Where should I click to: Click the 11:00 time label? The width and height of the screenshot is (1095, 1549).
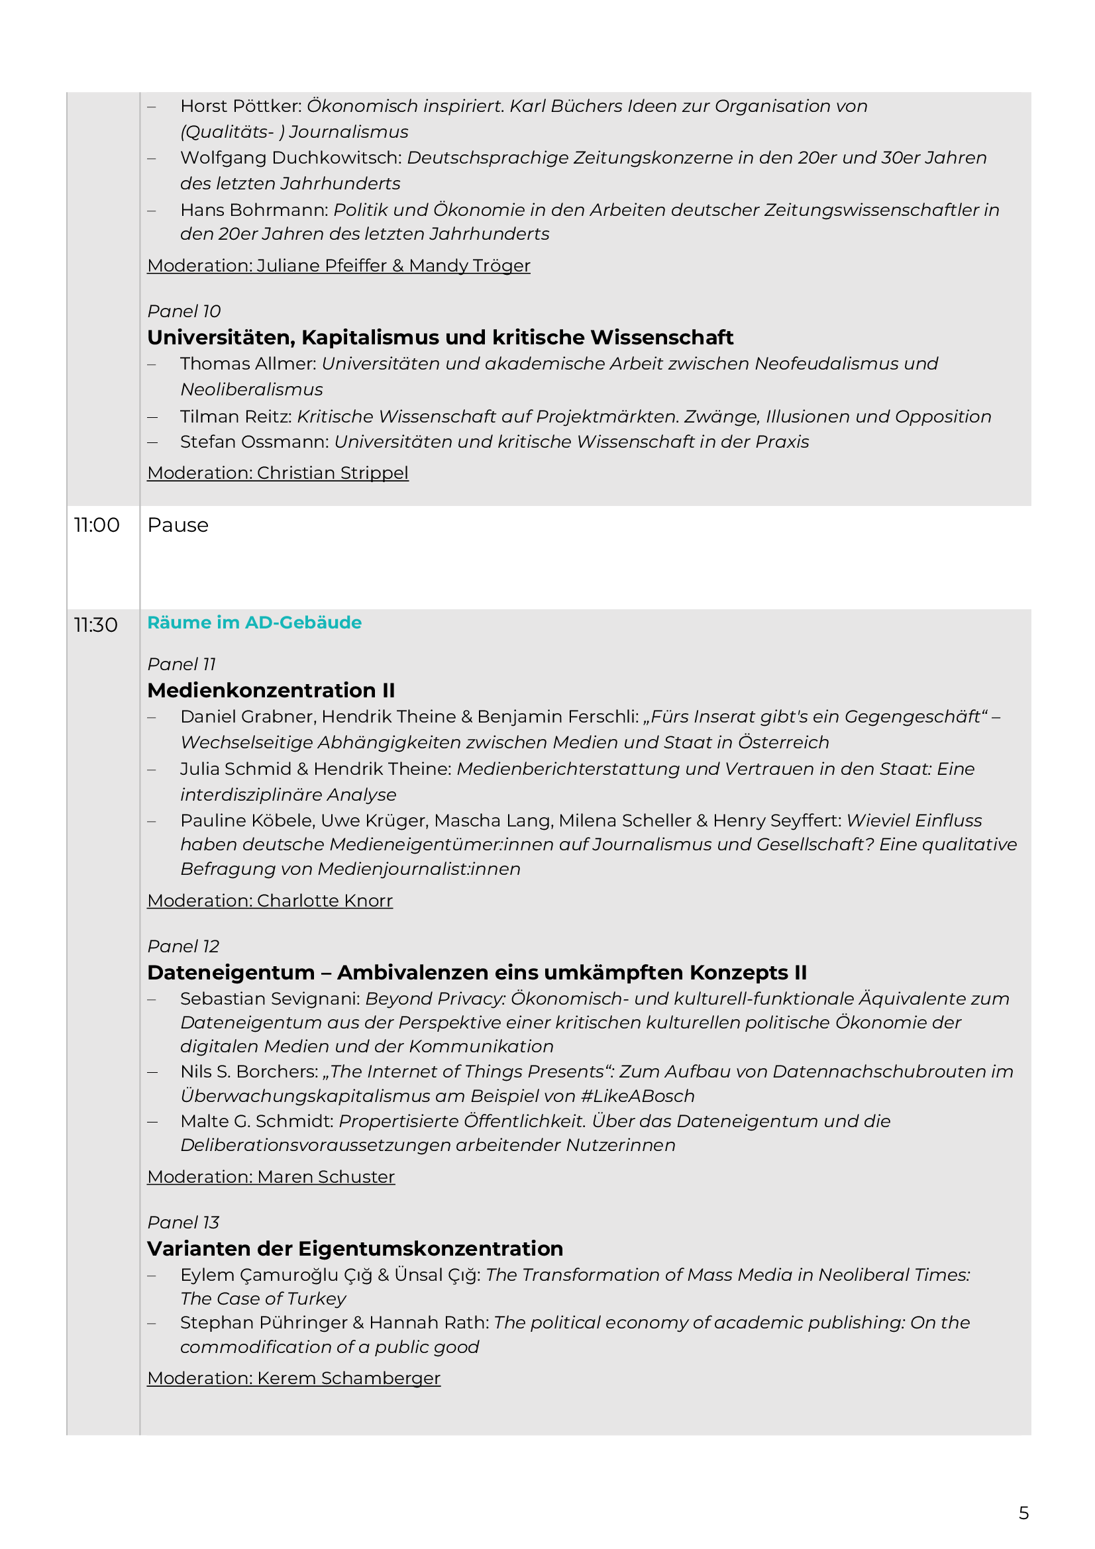click(97, 525)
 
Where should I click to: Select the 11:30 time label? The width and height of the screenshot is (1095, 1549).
click(96, 625)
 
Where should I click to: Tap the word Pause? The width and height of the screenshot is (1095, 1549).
click(178, 525)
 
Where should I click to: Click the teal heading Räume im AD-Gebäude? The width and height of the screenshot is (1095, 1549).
click(254, 622)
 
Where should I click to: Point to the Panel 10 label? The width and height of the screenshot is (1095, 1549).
click(183, 311)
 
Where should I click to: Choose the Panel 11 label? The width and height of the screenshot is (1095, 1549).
click(182, 664)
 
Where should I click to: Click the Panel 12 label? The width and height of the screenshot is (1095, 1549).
click(183, 946)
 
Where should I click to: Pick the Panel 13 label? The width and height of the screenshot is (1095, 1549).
click(183, 1222)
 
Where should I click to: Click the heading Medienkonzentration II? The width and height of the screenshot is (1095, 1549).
click(271, 690)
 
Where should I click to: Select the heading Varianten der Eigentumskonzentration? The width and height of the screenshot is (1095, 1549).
click(355, 1248)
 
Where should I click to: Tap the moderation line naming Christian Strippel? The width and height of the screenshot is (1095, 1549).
click(278, 473)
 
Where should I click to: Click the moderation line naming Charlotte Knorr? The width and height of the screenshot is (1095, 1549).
click(270, 901)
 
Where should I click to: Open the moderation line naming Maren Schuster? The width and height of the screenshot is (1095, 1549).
click(270, 1177)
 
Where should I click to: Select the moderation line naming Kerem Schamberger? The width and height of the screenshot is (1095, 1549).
click(293, 1377)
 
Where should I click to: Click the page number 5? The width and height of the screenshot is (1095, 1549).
click(1023, 1513)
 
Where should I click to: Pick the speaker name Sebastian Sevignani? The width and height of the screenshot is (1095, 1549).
click(270, 999)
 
